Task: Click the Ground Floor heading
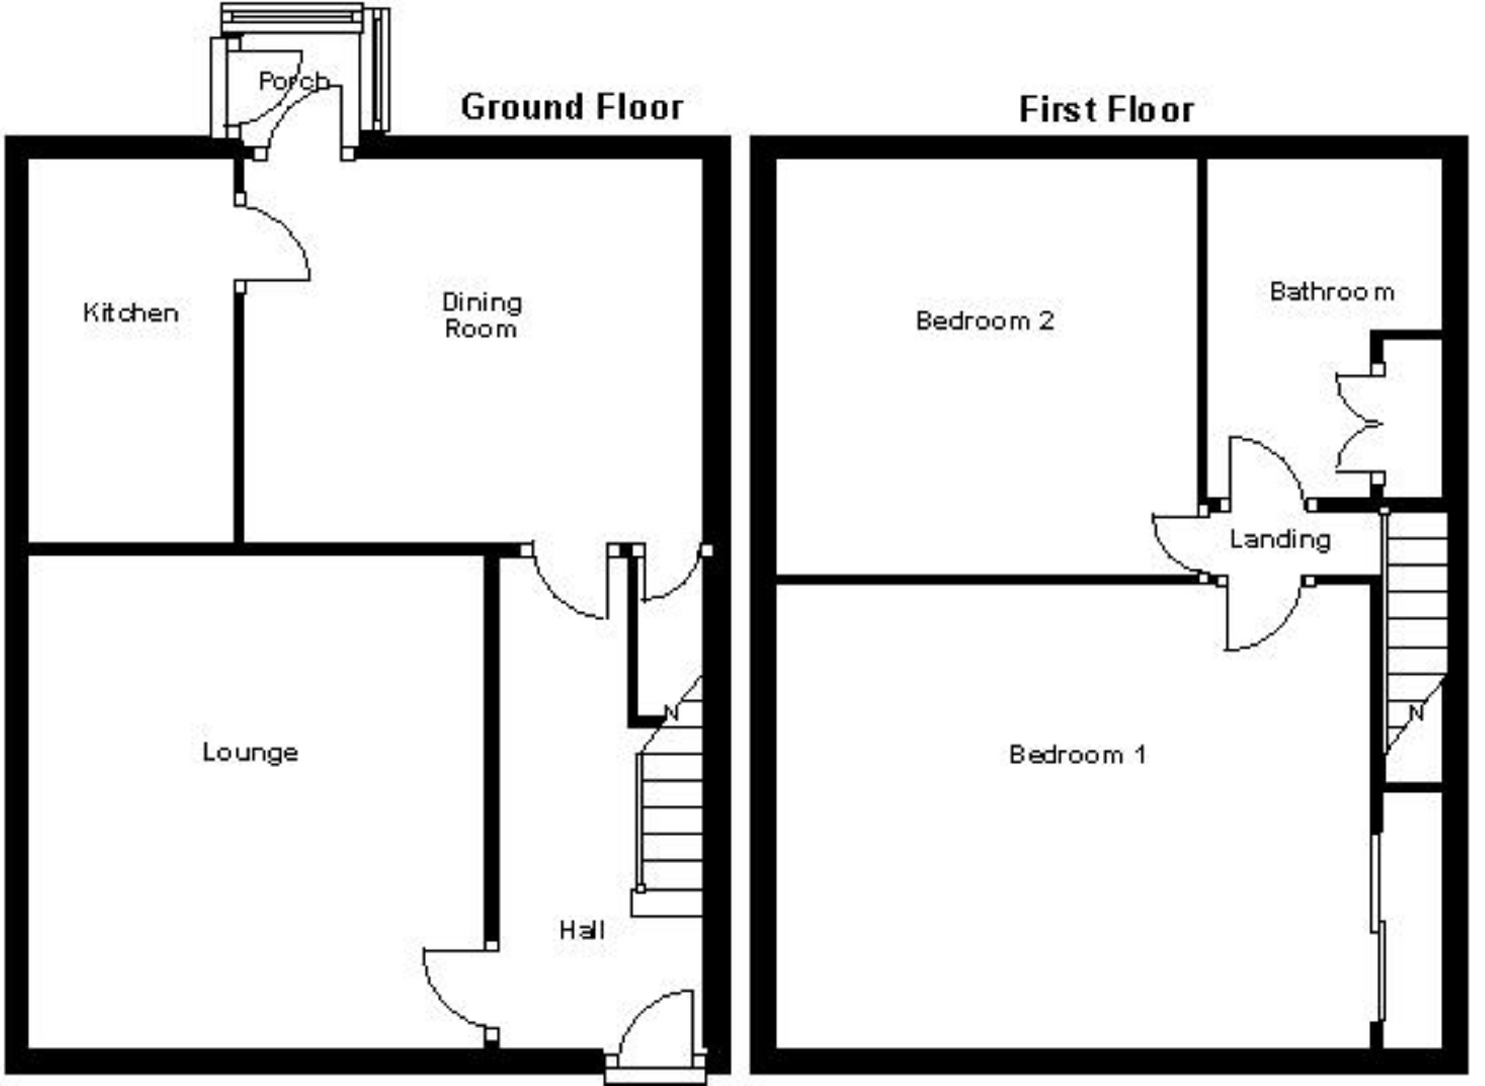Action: pyautogui.click(x=571, y=107)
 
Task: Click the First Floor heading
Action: pyautogui.click(x=1106, y=110)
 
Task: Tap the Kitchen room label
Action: pyautogui.click(x=131, y=313)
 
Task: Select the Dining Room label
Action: pyautogui.click(x=482, y=315)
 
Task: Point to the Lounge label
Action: pyautogui.click(x=250, y=752)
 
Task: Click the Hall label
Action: pyautogui.click(x=582, y=931)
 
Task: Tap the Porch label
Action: pyautogui.click(x=293, y=81)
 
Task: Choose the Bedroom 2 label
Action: pyautogui.click(x=985, y=320)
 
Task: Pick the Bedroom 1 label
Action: pyautogui.click(x=1077, y=755)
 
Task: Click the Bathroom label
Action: pyautogui.click(x=1332, y=292)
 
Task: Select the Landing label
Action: pyautogui.click(x=1280, y=540)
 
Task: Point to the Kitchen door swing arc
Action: pyautogui.click(x=282, y=238)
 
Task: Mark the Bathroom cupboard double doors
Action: pyautogui.click(x=1357, y=424)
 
